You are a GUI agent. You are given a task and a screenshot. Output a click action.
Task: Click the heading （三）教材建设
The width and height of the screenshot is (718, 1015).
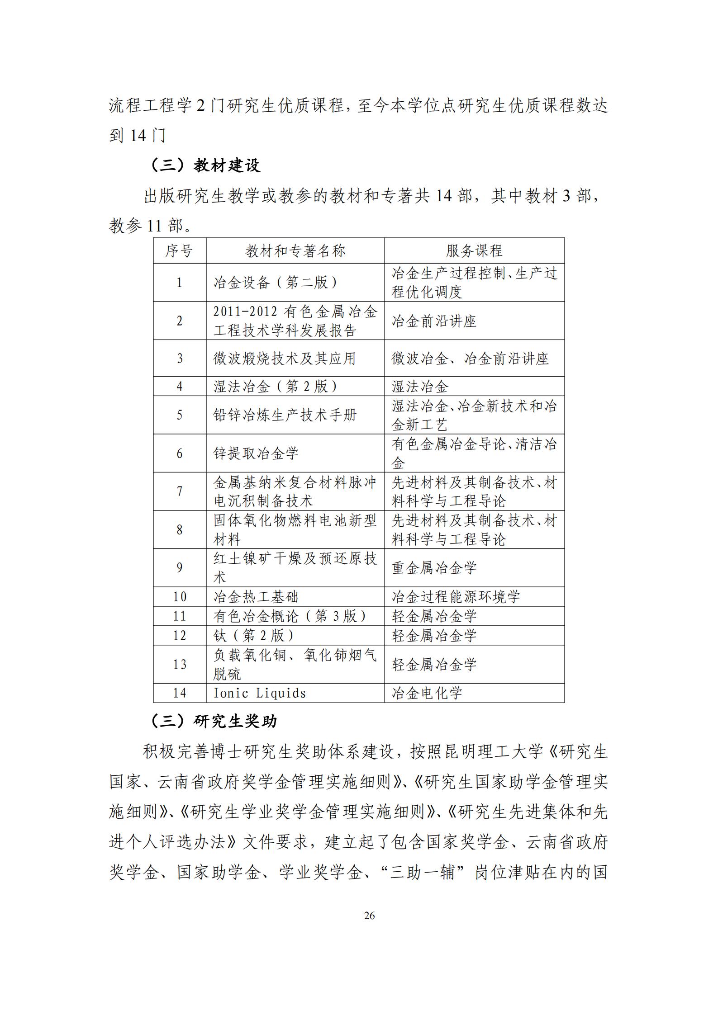[205, 165]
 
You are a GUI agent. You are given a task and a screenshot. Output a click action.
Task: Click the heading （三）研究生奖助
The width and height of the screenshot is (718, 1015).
[213, 721]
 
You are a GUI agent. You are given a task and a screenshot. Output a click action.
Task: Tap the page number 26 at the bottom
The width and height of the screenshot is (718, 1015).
[369, 915]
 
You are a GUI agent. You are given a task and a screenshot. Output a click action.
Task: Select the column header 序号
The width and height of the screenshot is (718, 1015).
[179, 250]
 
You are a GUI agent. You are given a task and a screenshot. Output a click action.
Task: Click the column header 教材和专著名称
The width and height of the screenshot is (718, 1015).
[295, 250]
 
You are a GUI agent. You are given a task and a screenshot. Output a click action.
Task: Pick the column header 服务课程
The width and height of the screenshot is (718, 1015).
[474, 250]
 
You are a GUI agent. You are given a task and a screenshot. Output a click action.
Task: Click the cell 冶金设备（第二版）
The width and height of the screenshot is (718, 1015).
[276, 283]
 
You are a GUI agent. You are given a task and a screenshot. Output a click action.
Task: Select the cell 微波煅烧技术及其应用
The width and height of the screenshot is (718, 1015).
[285, 358]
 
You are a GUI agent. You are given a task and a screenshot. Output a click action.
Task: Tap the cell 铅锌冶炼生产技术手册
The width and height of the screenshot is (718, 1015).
[285, 415]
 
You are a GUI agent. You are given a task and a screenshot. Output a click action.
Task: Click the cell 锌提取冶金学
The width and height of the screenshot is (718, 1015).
[256, 453]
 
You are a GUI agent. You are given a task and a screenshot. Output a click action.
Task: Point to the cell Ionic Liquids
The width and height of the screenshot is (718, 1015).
[260, 693]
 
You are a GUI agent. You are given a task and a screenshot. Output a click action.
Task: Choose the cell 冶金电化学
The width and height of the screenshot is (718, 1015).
[427, 693]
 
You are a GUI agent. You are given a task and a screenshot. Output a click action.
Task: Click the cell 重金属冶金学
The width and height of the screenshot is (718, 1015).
[434, 567]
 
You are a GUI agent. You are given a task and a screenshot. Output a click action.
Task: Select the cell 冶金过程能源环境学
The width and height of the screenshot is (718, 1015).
[456, 596]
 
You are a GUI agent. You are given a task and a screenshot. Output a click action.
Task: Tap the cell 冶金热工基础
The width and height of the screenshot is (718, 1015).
[256, 596]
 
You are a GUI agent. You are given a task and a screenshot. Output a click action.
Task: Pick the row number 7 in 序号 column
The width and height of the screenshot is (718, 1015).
[179, 491]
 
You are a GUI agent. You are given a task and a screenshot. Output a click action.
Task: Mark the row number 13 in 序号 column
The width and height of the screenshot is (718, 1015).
[179, 664]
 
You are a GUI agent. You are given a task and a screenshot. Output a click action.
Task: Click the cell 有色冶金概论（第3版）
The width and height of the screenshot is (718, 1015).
[290, 616]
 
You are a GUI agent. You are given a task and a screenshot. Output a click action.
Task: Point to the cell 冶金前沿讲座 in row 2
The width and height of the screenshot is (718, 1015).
[434, 321]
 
